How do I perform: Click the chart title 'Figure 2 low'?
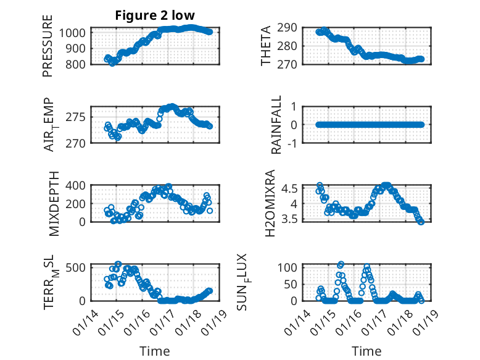coord(155,15)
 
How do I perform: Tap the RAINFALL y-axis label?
coord(277,125)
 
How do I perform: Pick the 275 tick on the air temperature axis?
coord(80,117)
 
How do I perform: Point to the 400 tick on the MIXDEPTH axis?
coord(80,185)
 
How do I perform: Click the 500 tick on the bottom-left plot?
coord(80,267)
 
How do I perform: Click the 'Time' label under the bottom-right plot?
coord(366,351)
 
